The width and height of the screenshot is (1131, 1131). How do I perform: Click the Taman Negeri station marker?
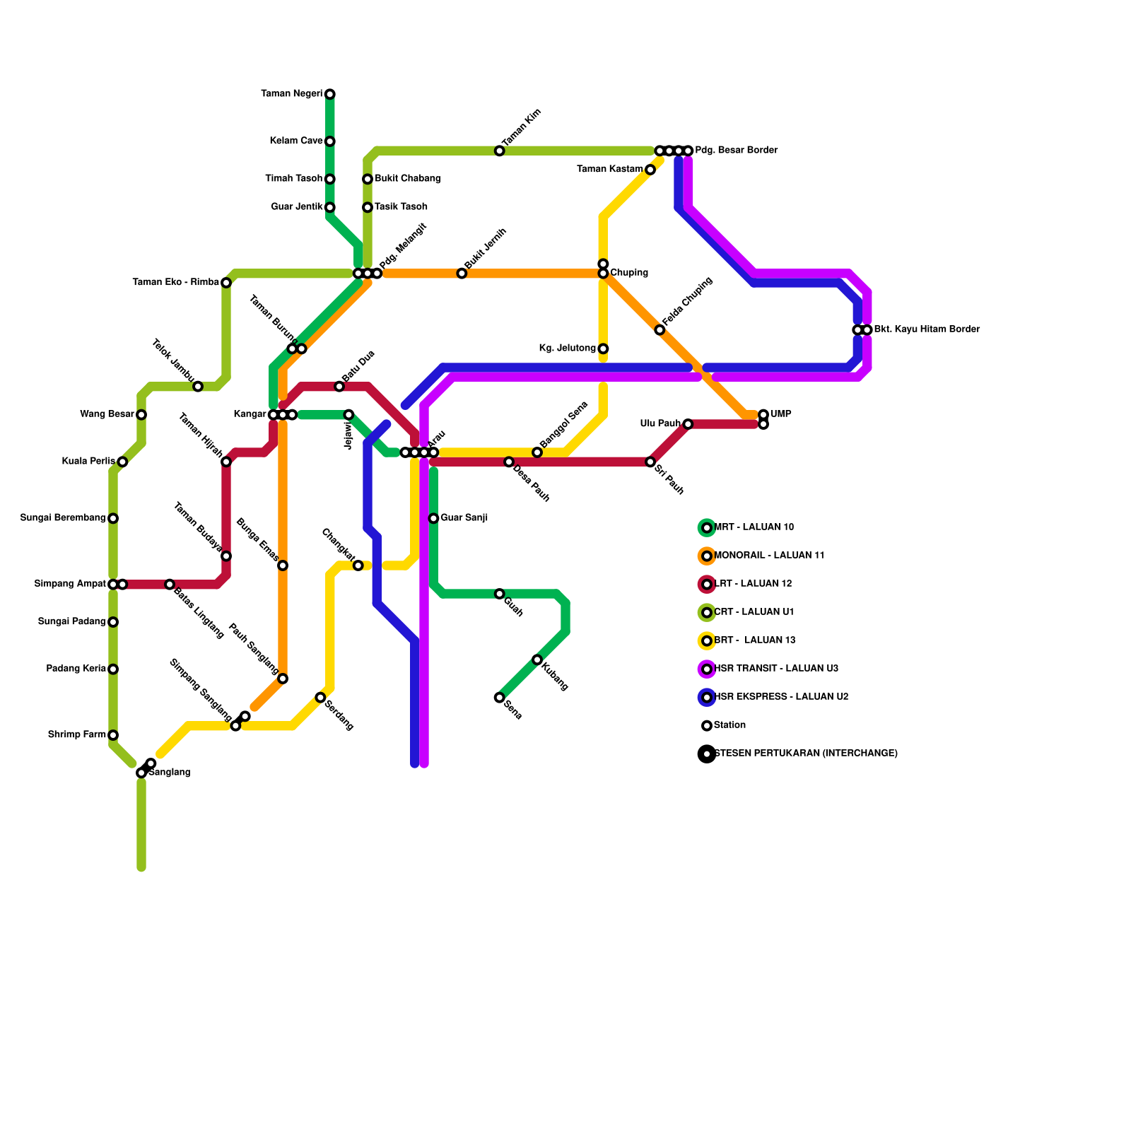point(330,94)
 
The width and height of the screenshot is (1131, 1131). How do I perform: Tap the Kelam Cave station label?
point(296,141)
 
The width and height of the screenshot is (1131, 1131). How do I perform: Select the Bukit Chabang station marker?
point(368,179)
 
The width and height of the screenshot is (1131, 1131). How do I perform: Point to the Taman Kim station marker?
point(500,151)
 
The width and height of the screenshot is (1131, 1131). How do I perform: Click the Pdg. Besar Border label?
point(736,151)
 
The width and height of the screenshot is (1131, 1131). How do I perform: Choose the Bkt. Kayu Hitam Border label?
point(927,329)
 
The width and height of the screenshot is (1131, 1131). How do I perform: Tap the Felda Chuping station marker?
point(660,330)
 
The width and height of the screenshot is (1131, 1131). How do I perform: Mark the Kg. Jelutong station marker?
point(603,348)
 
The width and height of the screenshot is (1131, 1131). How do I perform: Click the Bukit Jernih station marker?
point(462,274)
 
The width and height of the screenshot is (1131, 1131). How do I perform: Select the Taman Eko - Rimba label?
point(175,283)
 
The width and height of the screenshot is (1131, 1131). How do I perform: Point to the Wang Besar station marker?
point(141,415)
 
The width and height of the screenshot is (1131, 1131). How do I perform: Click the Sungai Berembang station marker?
point(113,518)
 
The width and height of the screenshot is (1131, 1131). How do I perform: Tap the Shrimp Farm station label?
point(76,735)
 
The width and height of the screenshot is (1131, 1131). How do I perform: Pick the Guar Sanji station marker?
point(433,518)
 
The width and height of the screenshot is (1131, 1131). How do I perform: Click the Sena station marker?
point(500,698)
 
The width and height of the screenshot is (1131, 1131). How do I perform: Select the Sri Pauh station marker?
point(650,462)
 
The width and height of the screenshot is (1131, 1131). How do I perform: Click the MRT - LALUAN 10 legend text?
point(754,527)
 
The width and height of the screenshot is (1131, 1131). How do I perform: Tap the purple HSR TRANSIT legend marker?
point(707,669)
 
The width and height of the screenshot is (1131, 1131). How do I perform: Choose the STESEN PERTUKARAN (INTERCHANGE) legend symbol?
point(707,754)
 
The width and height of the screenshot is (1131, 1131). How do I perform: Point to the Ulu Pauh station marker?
point(688,424)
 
